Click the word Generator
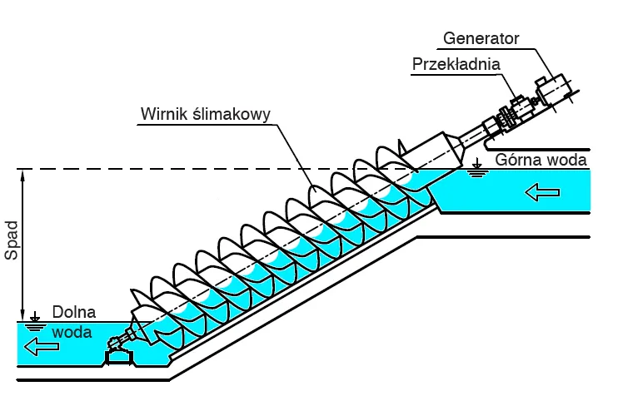tap(481, 38)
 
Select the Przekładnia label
tap(455, 65)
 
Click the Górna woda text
tap(541, 160)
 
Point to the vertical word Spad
tap(12, 242)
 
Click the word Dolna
tap(73, 313)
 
